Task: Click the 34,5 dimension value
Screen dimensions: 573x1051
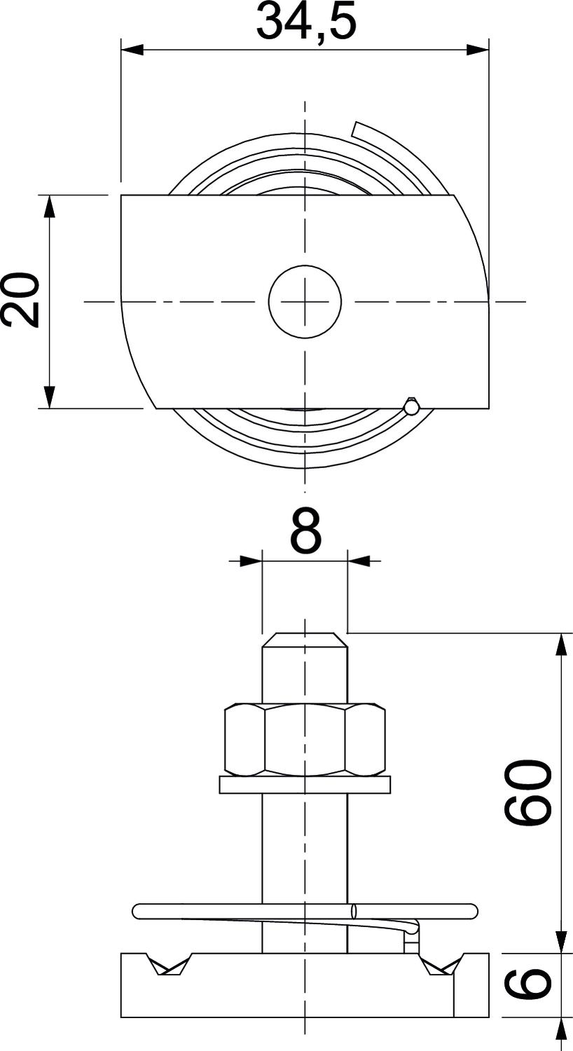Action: pos(305,22)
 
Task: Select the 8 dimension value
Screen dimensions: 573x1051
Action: pos(305,530)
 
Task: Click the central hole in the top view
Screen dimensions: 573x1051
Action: pos(305,301)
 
